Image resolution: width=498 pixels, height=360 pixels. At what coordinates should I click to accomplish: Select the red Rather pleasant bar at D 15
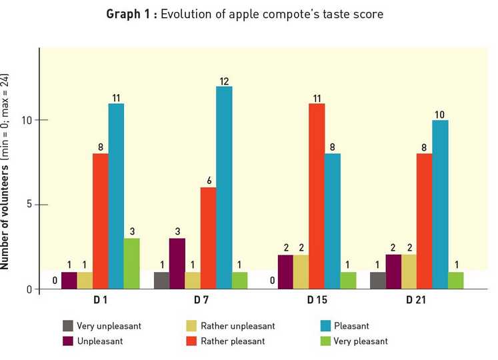[x=317, y=196]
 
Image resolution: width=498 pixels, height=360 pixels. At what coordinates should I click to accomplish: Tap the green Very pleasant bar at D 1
[x=132, y=263]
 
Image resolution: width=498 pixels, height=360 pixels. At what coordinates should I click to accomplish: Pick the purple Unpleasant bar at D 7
[x=177, y=263]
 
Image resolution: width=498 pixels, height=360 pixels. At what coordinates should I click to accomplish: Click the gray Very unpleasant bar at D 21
[x=377, y=280]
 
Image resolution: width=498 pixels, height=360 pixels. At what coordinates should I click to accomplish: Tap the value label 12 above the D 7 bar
[x=225, y=81]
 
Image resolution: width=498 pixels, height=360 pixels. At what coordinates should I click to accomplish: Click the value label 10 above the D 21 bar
[x=440, y=115]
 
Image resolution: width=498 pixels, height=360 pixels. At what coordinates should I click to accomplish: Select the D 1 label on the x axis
[x=101, y=301]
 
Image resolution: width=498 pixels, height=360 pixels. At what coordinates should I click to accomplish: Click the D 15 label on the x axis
[x=317, y=301]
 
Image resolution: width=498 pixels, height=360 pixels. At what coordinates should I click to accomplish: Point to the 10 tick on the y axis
[x=25, y=121]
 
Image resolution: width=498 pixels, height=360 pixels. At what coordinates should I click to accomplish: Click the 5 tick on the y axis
[x=27, y=205]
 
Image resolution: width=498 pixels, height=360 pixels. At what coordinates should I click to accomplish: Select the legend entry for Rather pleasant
[x=233, y=341]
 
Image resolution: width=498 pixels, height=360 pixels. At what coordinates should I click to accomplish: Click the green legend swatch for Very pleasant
[x=327, y=341]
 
